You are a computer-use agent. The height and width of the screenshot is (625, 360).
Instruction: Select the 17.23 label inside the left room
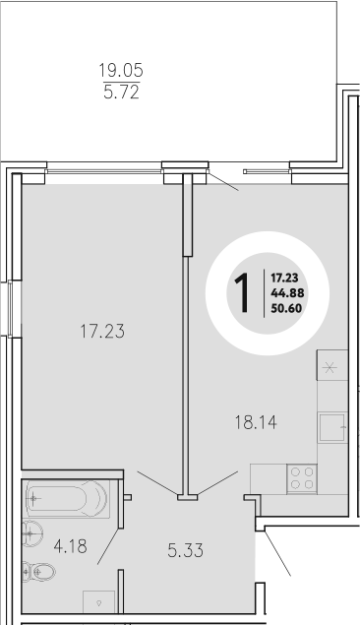click(103, 333)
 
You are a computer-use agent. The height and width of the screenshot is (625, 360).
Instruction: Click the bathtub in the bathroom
click(67, 499)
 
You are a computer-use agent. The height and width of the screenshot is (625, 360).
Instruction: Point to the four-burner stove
click(302, 478)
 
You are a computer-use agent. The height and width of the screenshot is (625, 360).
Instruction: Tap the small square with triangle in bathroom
click(98, 599)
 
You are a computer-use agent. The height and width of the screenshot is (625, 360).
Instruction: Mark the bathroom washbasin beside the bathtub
click(30, 534)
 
